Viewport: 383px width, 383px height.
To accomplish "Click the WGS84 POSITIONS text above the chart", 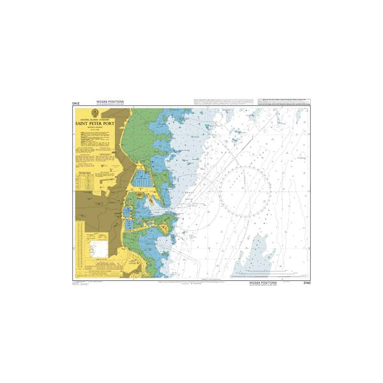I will [110, 101].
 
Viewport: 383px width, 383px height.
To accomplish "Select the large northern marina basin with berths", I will [142, 181].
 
